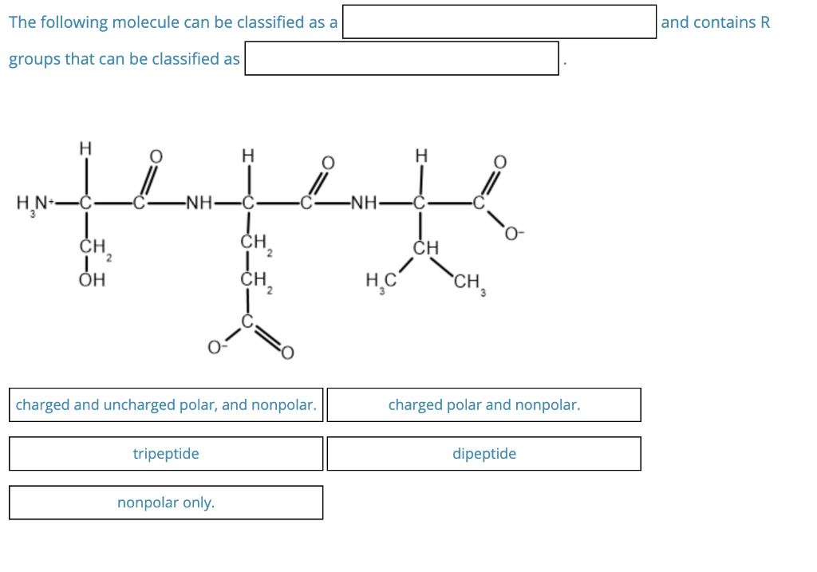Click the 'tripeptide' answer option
coord(166,454)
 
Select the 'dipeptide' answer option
coord(483,454)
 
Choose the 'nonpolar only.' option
coord(166,503)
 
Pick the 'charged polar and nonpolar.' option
coord(483,405)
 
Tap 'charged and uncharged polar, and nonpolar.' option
coord(166,405)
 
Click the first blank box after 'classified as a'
coord(499,22)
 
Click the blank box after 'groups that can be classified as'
coord(401,59)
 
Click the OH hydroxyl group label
coord(93,280)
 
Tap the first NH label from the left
coord(197,202)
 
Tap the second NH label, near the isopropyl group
coord(365,202)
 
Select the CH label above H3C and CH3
coord(426,248)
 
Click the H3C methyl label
coord(380,281)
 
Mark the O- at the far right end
coord(515,234)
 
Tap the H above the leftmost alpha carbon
coord(85,148)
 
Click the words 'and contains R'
coord(715,22)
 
